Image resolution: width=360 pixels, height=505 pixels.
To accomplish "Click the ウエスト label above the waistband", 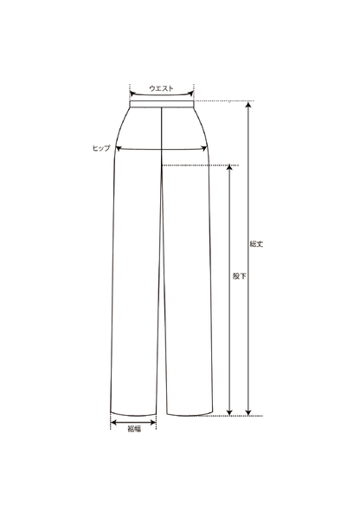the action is tap(161, 88).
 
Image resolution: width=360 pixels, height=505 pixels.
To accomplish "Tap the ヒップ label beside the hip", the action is tap(101, 148).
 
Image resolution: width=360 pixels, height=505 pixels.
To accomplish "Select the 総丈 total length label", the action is tap(256, 243).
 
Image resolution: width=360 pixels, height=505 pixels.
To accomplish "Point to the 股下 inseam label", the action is tap(239, 276).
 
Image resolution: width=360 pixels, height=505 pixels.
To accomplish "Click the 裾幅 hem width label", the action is tap(134, 429).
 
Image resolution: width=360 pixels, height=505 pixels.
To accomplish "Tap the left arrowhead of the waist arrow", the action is tap(132, 94).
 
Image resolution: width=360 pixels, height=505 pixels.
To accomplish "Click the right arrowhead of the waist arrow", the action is tap(190, 94).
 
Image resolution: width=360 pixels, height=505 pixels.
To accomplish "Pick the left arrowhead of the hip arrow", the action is tap(119, 148).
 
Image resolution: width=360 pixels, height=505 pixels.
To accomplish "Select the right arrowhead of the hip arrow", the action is tap(204, 148).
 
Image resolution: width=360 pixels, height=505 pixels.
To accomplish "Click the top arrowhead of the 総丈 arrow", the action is tap(248, 104).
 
